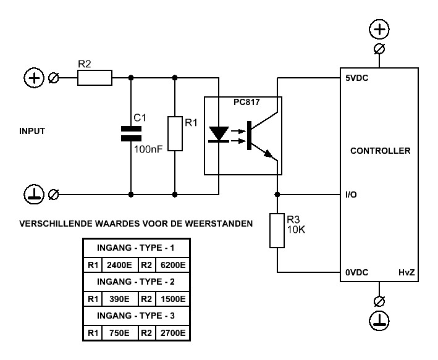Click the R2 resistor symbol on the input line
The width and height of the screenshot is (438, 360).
point(95,78)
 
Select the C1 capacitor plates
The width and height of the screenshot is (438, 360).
point(131,133)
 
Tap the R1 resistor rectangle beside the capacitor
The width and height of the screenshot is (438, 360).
point(175,134)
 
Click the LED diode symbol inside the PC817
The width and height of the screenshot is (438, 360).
point(219,134)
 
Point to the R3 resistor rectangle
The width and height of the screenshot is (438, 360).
point(277,230)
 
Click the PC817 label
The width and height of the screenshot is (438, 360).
point(246,103)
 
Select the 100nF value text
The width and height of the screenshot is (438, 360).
point(148,149)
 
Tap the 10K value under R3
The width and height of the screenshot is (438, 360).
point(296,230)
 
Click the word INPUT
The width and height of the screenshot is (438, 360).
point(32,131)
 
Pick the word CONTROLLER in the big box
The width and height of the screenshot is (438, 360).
point(381,151)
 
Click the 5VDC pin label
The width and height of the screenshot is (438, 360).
point(357,78)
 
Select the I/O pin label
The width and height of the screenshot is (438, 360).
point(351,195)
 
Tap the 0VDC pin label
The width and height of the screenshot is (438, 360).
point(357,272)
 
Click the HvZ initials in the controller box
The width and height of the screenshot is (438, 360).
point(406,272)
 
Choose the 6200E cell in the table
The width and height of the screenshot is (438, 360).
point(173,265)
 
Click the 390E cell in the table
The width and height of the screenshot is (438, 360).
point(120,299)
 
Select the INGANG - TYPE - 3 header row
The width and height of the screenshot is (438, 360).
point(136,316)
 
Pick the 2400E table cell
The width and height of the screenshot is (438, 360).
point(119,265)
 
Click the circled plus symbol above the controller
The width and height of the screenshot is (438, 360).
point(379,29)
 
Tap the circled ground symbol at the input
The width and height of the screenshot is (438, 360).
point(34,195)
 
